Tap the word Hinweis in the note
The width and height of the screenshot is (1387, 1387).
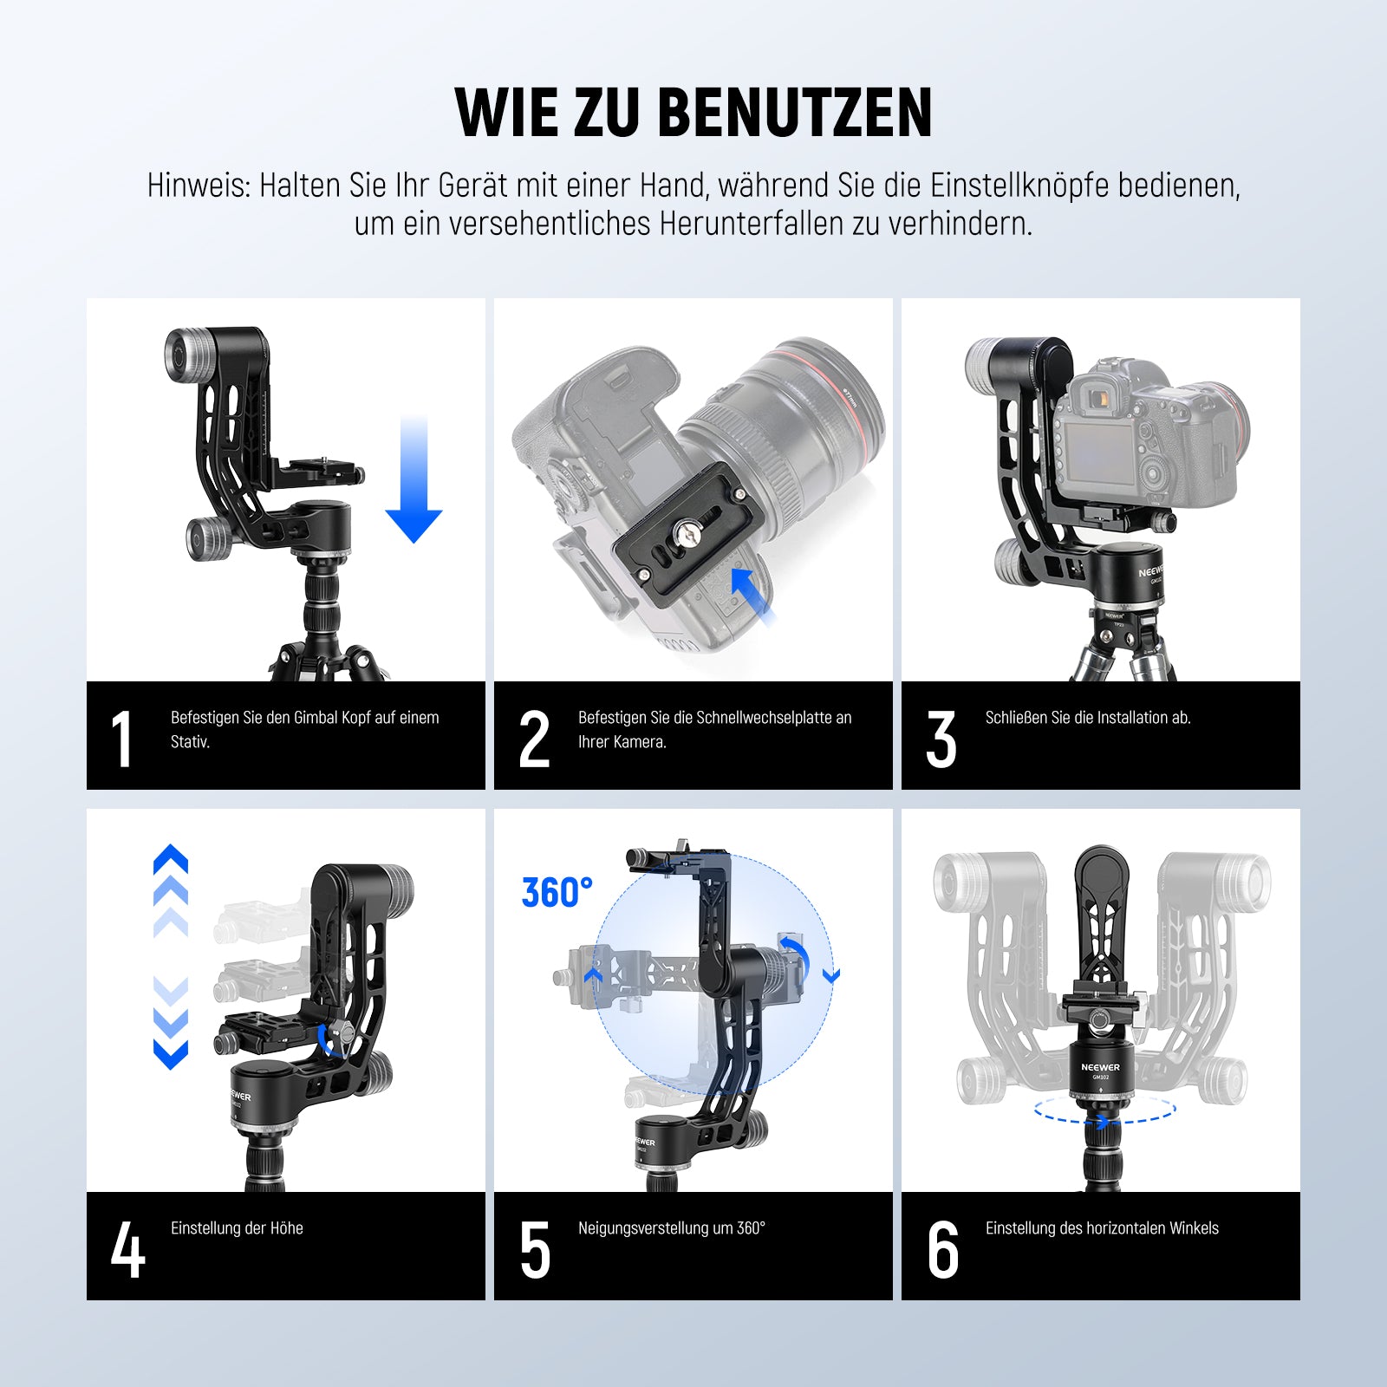click(x=199, y=186)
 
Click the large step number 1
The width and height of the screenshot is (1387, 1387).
click(x=122, y=739)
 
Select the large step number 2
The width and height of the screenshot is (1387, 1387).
click(x=534, y=739)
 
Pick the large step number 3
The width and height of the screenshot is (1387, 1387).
click(x=941, y=739)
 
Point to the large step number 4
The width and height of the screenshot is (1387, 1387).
click(x=127, y=1250)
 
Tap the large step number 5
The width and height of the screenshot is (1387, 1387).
click(x=535, y=1250)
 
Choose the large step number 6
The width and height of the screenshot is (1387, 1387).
click(x=942, y=1250)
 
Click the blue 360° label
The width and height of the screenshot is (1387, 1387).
click(x=557, y=893)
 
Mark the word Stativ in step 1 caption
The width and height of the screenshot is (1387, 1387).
click(x=190, y=742)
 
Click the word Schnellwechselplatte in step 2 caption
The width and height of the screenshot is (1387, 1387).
click(x=753, y=718)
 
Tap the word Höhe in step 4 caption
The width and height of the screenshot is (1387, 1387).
click(x=286, y=1228)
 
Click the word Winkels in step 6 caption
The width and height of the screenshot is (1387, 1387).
click(x=1194, y=1228)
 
